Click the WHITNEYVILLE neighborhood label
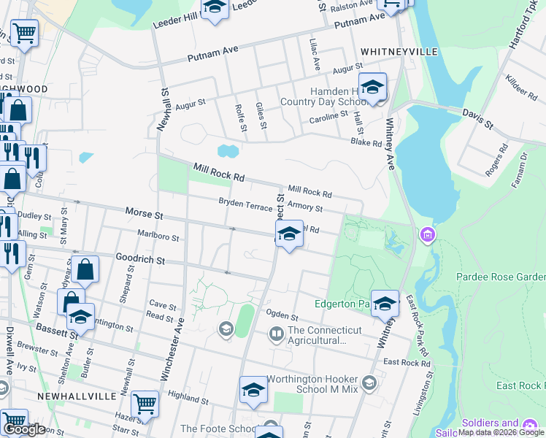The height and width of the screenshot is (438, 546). [399, 52]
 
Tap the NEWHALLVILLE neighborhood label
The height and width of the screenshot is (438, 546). [77, 395]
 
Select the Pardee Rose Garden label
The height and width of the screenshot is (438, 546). [501, 277]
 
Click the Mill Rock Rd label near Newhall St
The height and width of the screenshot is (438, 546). [218, 173]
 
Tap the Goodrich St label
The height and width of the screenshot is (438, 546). [141, 259]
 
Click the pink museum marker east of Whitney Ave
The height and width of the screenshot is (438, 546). [427, 235]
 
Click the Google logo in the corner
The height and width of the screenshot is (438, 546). [24, 429]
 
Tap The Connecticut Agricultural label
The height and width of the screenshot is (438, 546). [324, 335]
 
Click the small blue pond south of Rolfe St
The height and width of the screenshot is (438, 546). [228, 151]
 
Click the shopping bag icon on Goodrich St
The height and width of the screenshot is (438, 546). [85, 269]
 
